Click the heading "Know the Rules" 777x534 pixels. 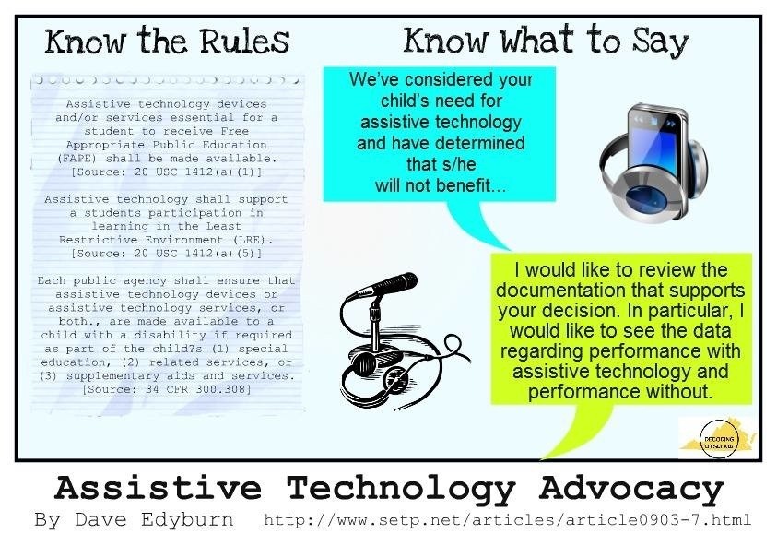(167, 41)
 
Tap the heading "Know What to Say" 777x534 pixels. (546, 41)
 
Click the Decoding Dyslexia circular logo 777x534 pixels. (719, 439)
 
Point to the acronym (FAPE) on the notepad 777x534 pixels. (75, 159)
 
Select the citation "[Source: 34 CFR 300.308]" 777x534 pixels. (167, 389)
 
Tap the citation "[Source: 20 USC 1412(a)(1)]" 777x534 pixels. (167, 172)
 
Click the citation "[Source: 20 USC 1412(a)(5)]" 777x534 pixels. (167, 254)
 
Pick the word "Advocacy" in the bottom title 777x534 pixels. (631, 489)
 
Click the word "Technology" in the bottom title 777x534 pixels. (401, 489)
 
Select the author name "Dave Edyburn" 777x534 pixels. (154, 519)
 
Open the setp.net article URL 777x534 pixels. (508, 520)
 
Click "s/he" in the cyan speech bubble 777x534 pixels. (441, 164)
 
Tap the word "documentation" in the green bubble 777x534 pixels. (561, 290)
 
